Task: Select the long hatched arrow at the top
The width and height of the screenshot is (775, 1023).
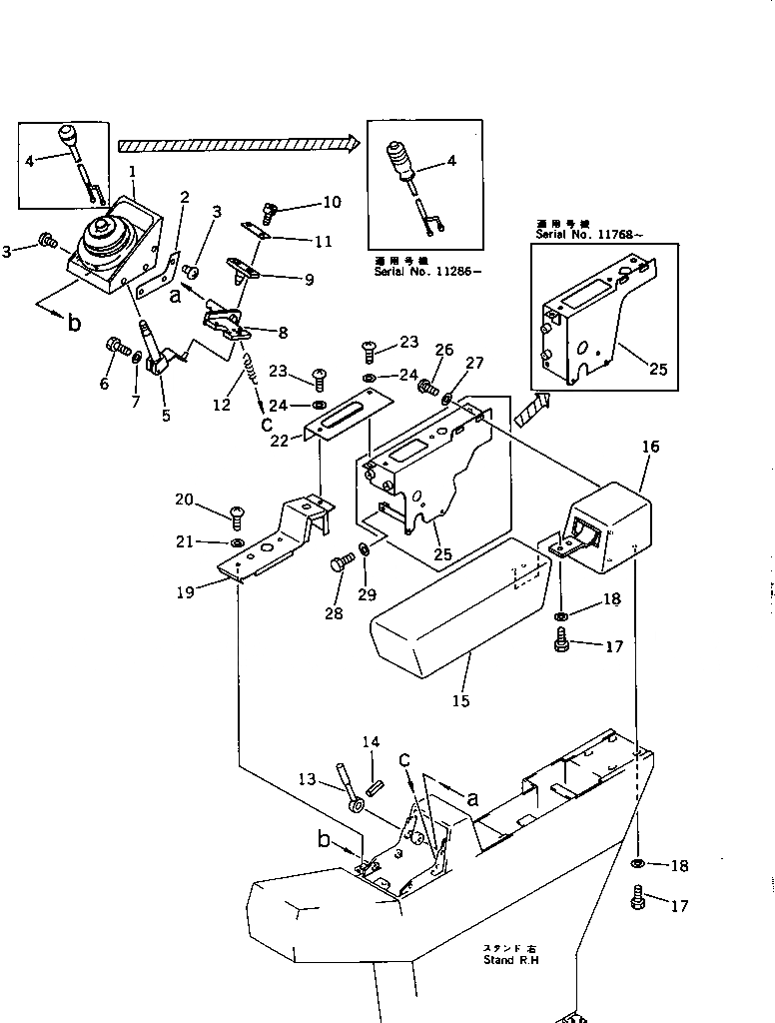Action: tap(237, 144)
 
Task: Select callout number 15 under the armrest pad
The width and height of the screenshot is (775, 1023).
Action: tap(460, 701)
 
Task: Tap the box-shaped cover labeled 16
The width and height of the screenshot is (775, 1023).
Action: tap(608, 526)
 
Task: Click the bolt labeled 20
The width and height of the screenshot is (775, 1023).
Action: tap(236, 515)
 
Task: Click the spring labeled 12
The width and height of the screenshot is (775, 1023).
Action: tap(252, 383)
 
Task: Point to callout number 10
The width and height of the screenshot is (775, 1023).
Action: tap(331, 202)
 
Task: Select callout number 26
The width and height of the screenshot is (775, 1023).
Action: tap(443, 350)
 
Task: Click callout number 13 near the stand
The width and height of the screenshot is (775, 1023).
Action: tap(308, 779)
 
